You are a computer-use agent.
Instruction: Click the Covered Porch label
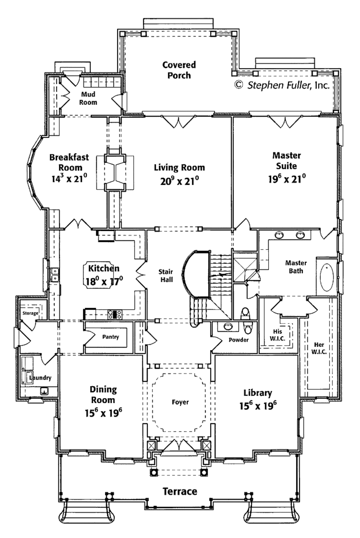(179, 70)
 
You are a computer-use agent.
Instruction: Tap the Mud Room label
(88, 98)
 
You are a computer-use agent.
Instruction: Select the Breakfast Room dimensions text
(69, 179)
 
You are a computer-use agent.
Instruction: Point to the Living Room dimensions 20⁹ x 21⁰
(179, 181)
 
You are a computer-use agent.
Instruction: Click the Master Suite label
(287, 160)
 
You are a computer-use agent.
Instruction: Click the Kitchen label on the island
(104, 268)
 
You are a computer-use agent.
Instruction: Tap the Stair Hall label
(166, 276)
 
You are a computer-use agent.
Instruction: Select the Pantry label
(110, 337)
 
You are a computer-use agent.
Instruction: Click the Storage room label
(30, 313)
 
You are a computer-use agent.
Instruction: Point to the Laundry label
(40, 378)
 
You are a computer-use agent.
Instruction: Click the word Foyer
(180, 402)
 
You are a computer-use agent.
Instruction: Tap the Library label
(258, 393)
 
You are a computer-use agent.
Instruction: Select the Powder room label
(238, 340)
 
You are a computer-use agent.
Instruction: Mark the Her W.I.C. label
(319, 348)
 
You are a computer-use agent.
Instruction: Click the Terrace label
(180, 491)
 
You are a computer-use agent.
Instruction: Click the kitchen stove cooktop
(115, 314)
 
